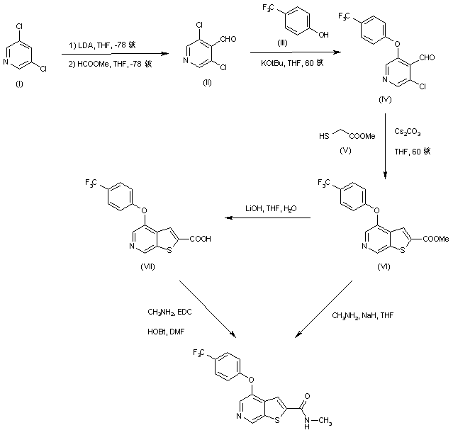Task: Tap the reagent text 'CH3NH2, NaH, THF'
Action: click(362, 317)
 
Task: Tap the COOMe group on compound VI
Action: click(435, 239)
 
